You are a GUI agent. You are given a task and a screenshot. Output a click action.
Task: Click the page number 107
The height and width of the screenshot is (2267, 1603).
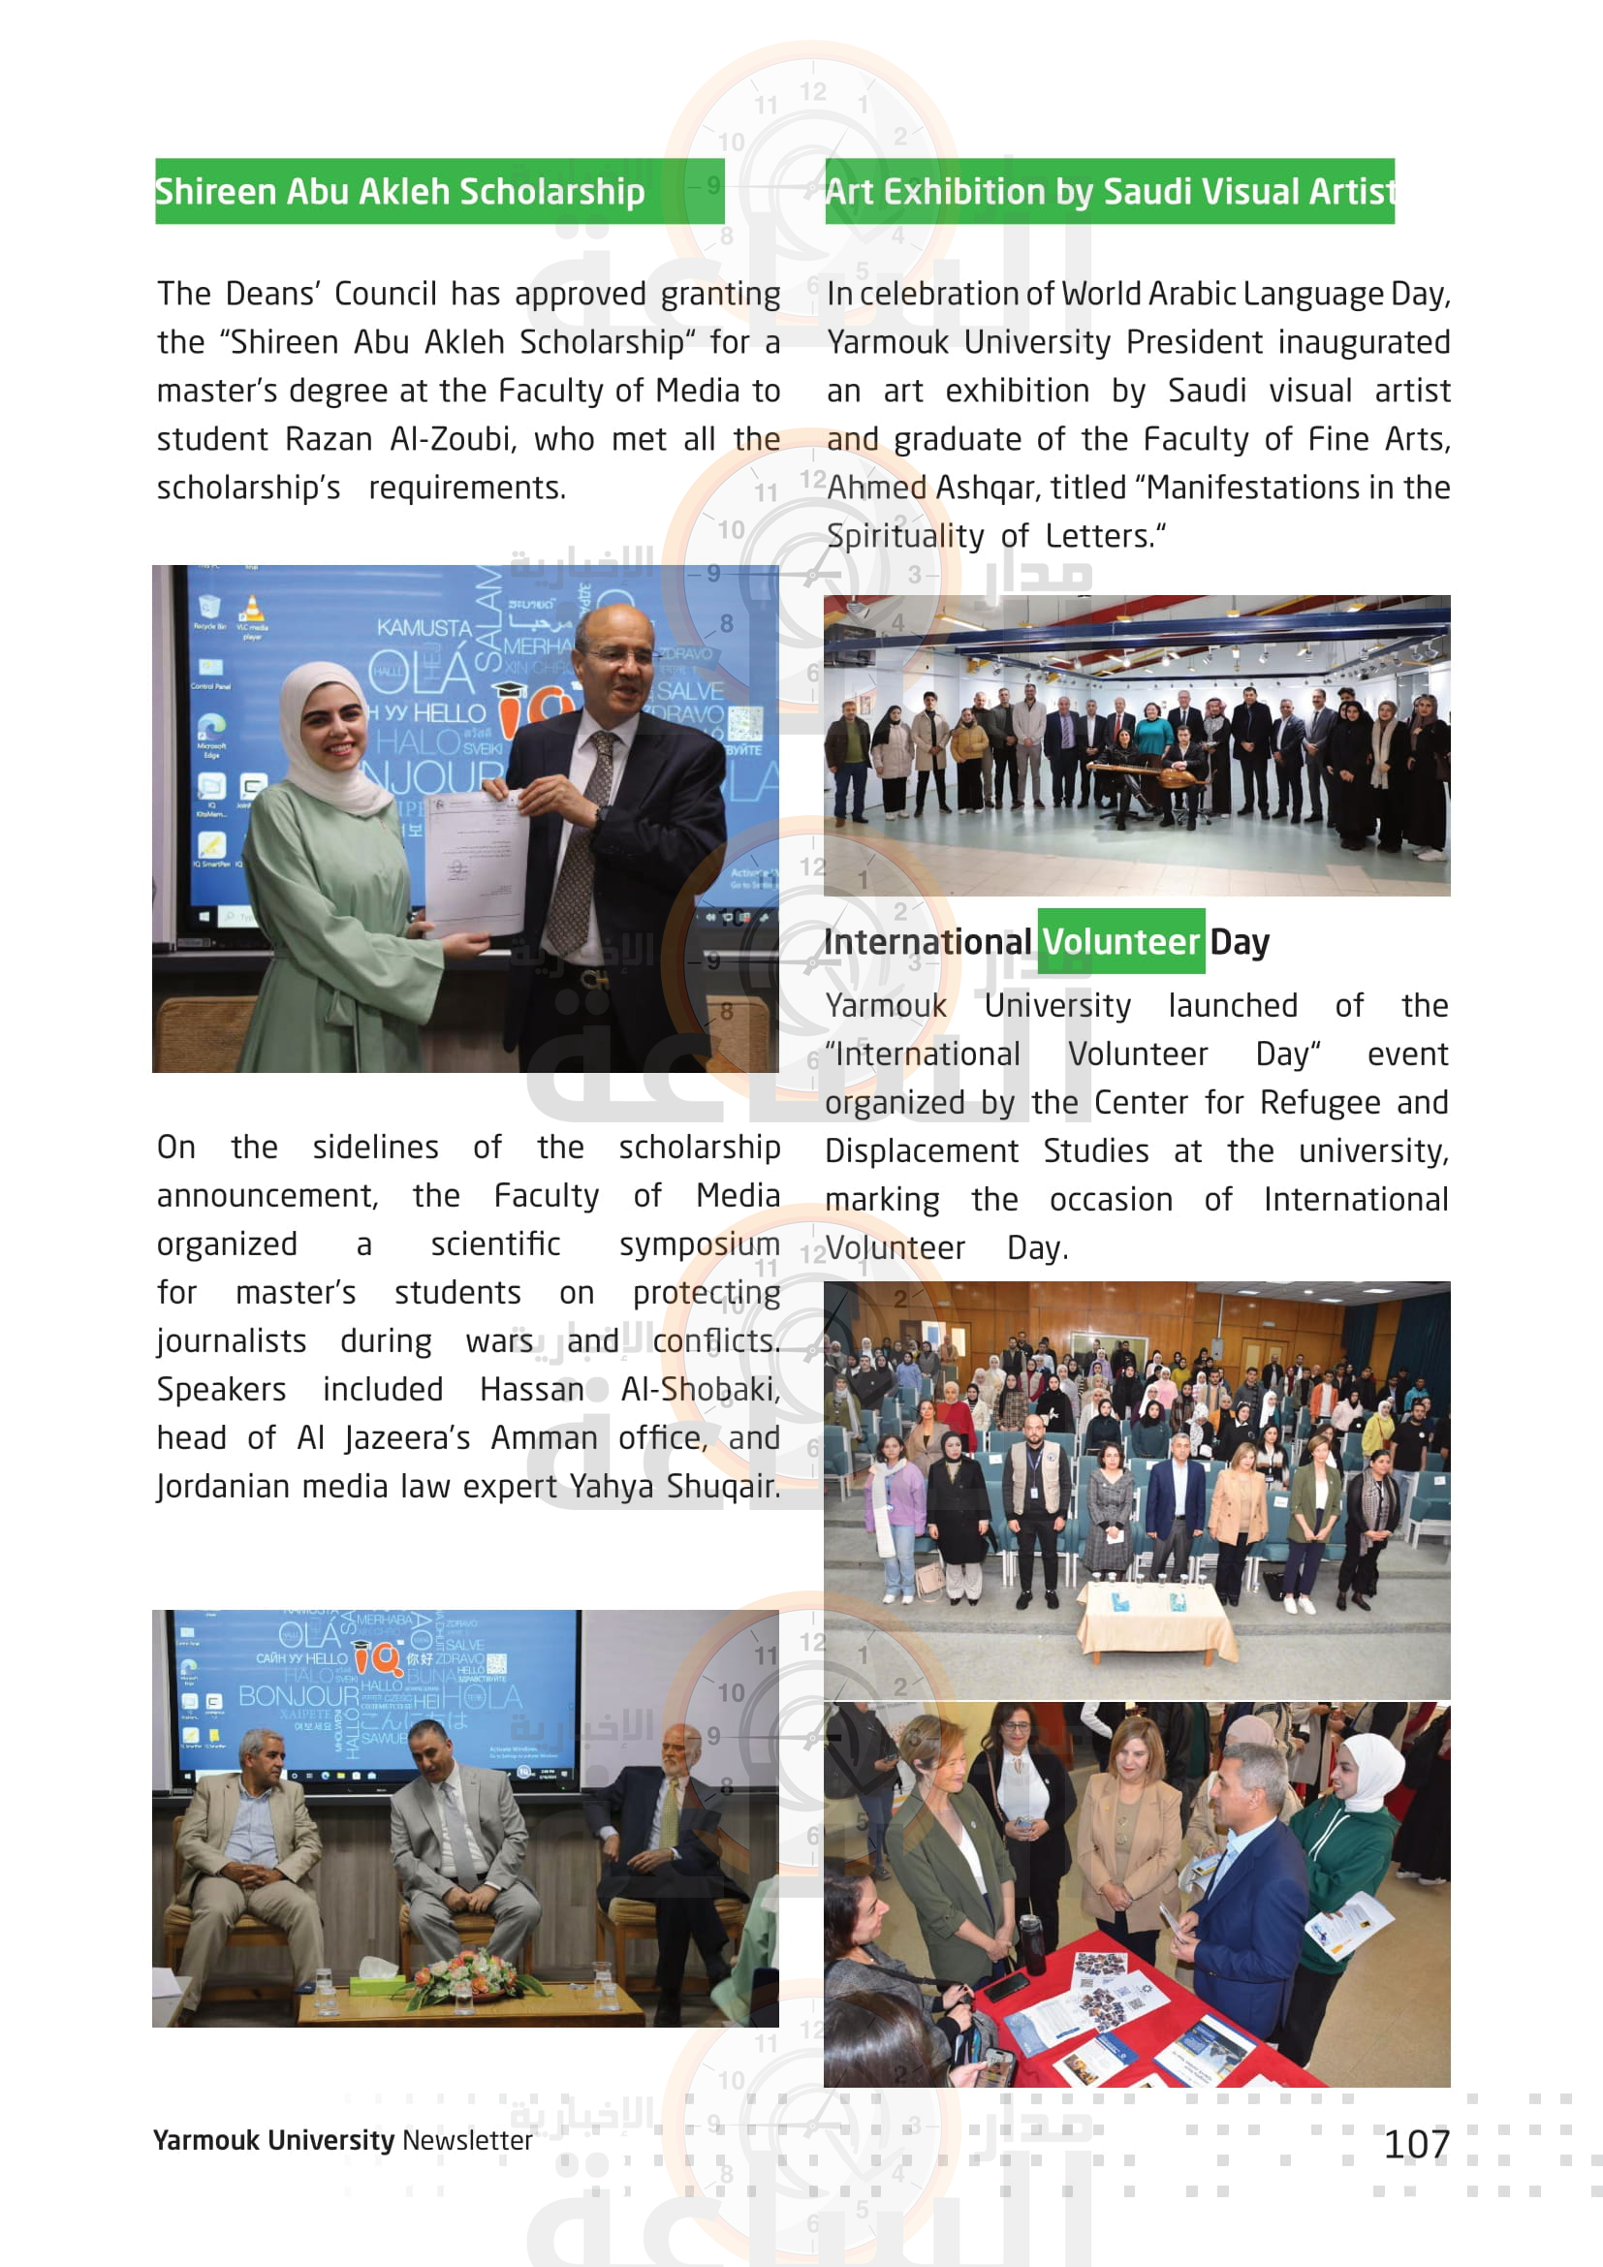click(1417, 2144)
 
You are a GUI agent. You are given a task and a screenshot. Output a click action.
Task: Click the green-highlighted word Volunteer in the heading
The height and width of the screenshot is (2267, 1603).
click(1120, 942)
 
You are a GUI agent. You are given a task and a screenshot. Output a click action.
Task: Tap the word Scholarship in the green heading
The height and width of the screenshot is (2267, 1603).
click(551, 192)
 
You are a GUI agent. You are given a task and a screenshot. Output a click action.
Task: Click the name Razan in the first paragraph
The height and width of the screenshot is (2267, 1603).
click(329, 438)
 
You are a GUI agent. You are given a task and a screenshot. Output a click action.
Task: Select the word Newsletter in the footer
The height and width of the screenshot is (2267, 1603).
click(467, 2140)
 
